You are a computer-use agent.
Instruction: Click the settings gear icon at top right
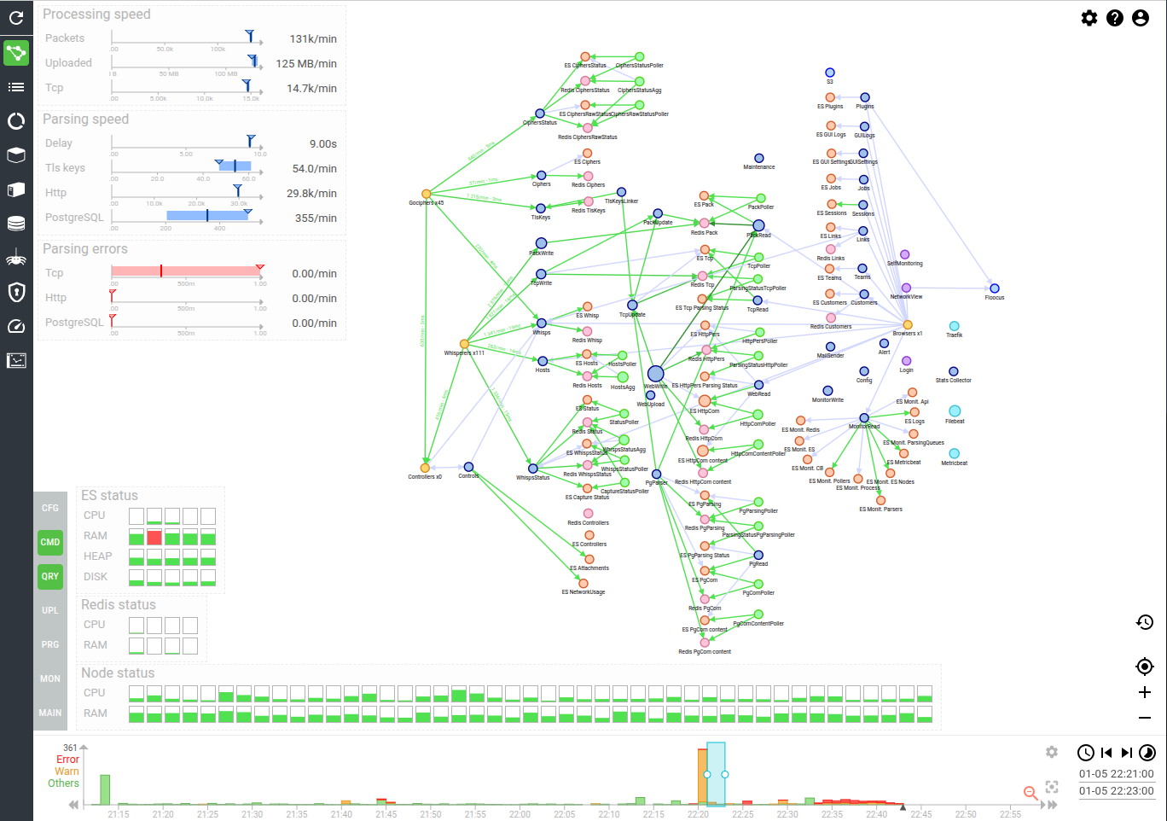(x=1089, y=18)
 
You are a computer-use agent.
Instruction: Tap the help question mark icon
(x=1115, y=18)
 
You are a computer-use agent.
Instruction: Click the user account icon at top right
(x=1141, y=18)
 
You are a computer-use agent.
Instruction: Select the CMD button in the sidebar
(x=50, y=542)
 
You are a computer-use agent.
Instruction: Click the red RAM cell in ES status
(x=154, y=537)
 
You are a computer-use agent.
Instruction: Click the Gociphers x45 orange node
(x=427, y=195)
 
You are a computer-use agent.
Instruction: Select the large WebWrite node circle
(x=655, y=374)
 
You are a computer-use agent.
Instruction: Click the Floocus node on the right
(x=994, y=288)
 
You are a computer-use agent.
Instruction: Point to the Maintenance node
(x=758, y=158)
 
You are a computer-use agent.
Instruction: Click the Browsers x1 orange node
(x=908, y=325)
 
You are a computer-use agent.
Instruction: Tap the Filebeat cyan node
(x=955, y=411)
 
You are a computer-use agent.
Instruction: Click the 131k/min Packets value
(x=312, y=38)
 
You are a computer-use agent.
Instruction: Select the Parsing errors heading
(x=85, y=249)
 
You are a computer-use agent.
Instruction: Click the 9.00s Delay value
(x=322, y=143)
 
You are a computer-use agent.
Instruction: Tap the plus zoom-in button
(x=1145, y=692)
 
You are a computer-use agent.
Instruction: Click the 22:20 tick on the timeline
(x=698, y=813)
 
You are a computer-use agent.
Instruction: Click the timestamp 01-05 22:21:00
(x=1116, y=774)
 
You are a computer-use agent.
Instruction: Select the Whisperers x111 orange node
(x=464, y=344)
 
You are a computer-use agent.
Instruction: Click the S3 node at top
(x=829, y=73)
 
